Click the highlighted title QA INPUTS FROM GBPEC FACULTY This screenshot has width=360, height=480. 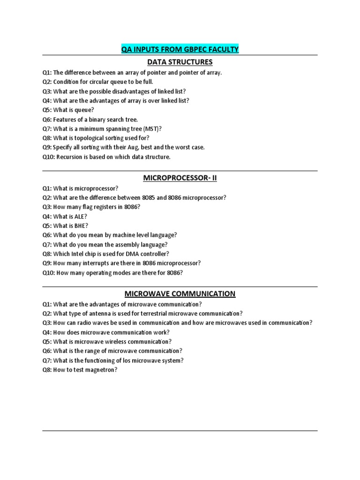pyautogui.click(x=180, y=49)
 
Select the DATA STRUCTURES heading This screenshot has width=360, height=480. pyautogui.click(x=180, y=62)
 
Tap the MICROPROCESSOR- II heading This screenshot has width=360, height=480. pyautogui.click(x=180, y=178)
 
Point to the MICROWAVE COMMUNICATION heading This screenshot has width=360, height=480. pyautogui.click(x=180, y=294)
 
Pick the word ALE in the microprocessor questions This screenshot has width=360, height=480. pyautogui.click(x=77, y=217)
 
